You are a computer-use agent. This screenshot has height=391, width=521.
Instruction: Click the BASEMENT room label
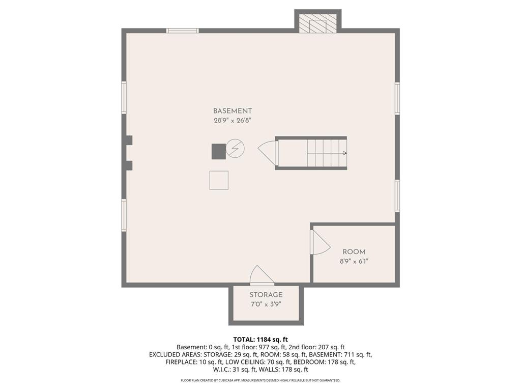coord(232,111)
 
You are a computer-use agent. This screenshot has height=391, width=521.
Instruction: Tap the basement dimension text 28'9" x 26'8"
coord(232,120)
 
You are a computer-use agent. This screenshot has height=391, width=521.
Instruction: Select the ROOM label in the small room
coord(354,252)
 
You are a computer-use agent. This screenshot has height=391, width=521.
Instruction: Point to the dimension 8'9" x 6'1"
coord(354,261)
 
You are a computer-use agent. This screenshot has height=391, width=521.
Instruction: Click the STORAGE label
coord(266,295)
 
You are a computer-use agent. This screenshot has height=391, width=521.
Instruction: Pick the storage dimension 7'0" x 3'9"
coord(266,304)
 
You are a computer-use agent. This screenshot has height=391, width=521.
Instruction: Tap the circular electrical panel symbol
coord(235,148)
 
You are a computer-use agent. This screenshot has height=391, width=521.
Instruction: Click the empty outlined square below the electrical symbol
coord(219,180)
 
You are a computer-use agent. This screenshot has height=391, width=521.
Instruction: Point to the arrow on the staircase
coord(327,153)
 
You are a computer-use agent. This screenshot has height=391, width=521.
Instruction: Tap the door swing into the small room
coord(321,242)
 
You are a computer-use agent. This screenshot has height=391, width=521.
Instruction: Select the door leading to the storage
coord(262,275)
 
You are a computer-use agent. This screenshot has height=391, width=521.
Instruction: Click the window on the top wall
coord(183,31)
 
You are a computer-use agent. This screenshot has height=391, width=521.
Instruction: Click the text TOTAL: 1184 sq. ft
coord(260,340)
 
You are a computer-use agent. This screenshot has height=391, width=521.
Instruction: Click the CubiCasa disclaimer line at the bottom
coord(260,380)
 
